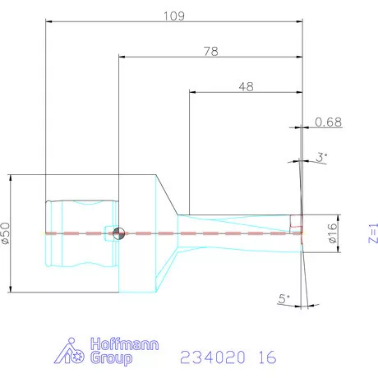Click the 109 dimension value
[173, 16]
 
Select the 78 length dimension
[210, 51]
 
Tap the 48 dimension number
[245, 85]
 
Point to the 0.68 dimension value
[328, 122]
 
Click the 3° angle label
[321, 155]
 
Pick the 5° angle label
[284, 302]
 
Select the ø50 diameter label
[7, 233]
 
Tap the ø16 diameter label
[333, 233]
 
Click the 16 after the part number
[266, 358]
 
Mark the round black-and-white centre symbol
[119, 233]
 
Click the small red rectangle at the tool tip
[297, 220]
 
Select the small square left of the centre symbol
[108, 232]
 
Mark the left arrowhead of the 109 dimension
[48, 23]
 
